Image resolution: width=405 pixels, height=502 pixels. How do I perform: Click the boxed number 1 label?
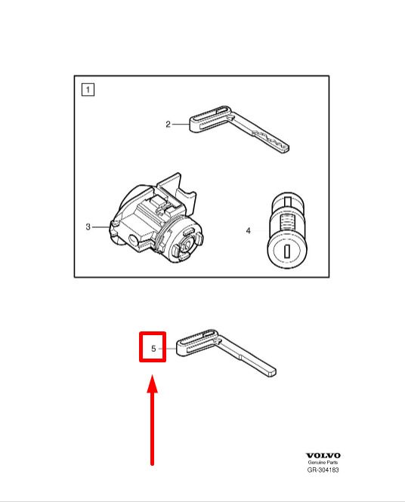tap(88, 89)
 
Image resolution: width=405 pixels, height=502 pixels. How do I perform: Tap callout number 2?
tap(168, 125)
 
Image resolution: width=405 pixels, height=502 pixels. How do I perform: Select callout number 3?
tap(88, 227)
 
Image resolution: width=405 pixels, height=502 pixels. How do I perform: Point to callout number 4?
tap(249, 230)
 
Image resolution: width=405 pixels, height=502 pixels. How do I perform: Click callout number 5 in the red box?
tap(153, 348)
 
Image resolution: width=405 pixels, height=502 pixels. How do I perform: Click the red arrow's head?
tap(152, 383)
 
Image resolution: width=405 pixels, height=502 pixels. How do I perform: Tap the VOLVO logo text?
tap(323, 456)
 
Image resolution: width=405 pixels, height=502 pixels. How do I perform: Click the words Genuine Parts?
tap(323, 462)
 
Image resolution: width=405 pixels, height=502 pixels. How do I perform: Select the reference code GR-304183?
tap(323, 470)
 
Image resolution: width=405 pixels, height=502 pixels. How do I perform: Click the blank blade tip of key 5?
tap(271, 372)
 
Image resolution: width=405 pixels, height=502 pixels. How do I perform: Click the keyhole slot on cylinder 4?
tap(287, 251)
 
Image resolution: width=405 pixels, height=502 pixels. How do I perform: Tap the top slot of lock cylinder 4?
tap(288, 201)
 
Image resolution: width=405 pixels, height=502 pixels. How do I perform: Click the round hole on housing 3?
tap(133, 239)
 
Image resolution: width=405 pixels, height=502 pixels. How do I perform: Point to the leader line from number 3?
tap(101, 227)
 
